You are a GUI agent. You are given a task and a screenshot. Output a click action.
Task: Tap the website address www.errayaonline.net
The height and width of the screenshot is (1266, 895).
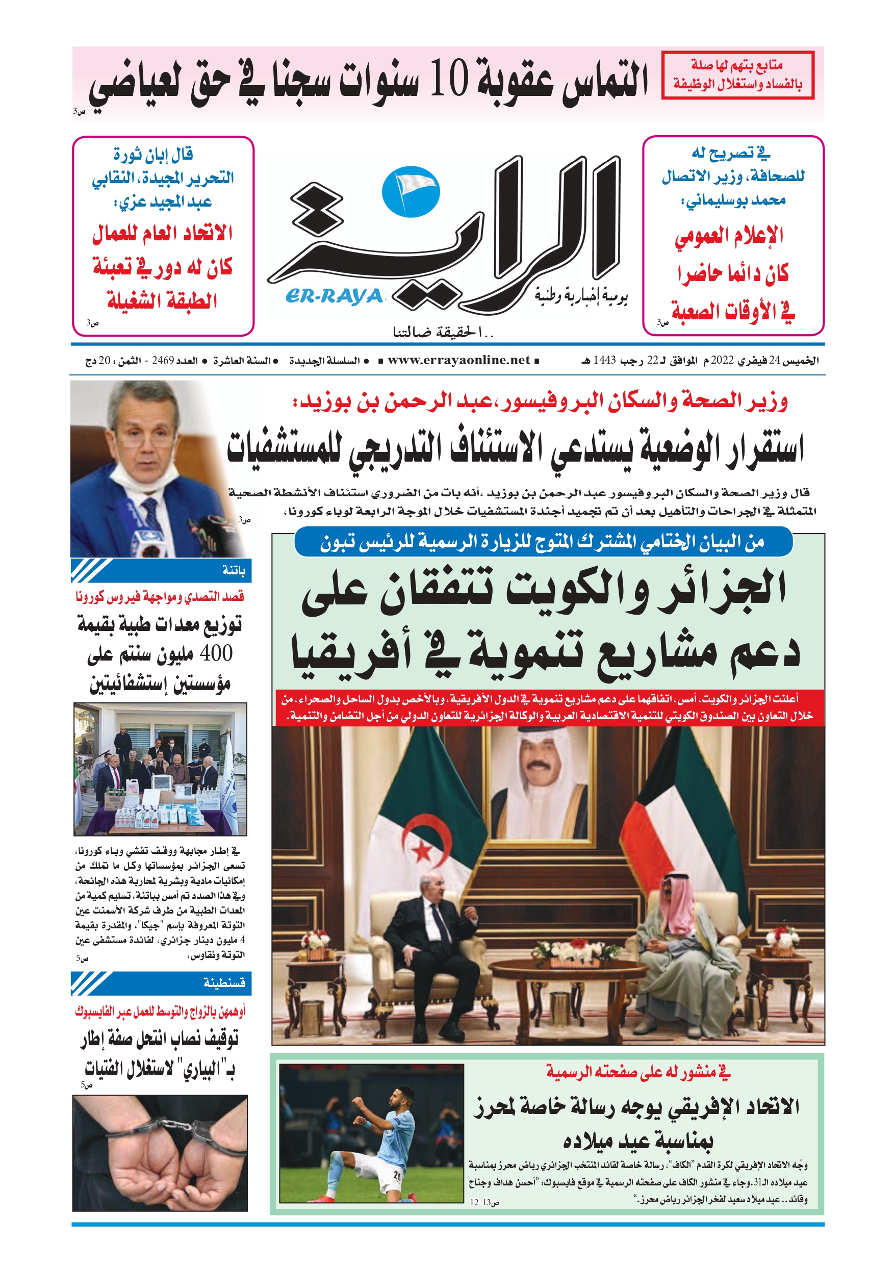(x=458, y=361)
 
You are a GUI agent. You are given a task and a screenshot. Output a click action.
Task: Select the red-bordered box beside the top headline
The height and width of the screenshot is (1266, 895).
(x=737, y=75)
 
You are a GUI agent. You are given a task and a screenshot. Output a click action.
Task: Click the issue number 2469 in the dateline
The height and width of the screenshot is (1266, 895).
(x=163, y=361)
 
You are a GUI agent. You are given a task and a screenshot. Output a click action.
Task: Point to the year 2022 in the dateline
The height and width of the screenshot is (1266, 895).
(x=722, y=361)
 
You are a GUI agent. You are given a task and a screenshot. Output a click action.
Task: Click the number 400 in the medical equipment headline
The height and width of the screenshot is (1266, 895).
(x=216, y=653)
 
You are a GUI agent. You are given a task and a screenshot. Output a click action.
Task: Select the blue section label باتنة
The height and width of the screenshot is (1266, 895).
(x=234, y=570)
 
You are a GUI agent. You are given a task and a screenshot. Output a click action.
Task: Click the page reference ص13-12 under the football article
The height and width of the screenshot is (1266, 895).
(x=483, y=1203)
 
